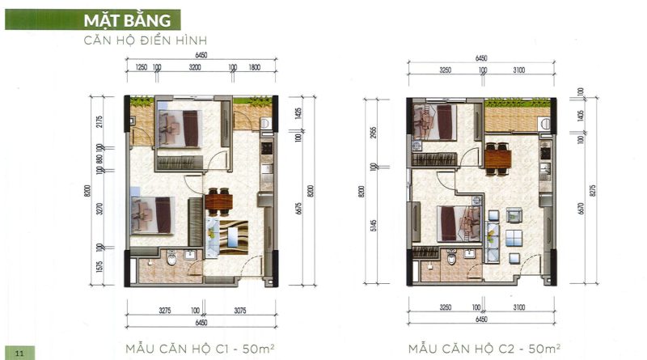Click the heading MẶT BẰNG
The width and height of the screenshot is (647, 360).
127,20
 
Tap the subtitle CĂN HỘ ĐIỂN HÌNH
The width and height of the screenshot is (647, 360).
146,41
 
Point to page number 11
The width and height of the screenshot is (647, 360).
19,353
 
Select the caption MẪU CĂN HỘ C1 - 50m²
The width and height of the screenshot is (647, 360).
200,349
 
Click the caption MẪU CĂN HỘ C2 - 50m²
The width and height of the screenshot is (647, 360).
484,349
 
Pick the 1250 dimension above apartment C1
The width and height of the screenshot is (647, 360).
141,67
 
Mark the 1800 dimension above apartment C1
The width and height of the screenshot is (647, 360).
255,67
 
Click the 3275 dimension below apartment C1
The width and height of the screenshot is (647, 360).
165,311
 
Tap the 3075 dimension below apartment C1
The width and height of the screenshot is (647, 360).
239,311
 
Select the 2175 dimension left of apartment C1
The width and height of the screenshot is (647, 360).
99,122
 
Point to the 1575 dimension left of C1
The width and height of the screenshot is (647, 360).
99,267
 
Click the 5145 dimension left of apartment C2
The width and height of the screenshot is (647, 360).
374,225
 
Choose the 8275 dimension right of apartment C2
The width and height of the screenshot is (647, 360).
593,191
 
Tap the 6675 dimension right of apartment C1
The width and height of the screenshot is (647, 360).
298,209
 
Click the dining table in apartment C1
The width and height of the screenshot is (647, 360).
218,202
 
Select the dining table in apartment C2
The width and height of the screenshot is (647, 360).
497,159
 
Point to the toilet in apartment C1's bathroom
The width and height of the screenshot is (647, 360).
171,258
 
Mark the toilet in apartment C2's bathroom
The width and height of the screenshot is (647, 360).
452,256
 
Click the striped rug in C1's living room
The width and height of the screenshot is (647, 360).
234,237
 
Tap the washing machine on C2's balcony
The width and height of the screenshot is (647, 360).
544,124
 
